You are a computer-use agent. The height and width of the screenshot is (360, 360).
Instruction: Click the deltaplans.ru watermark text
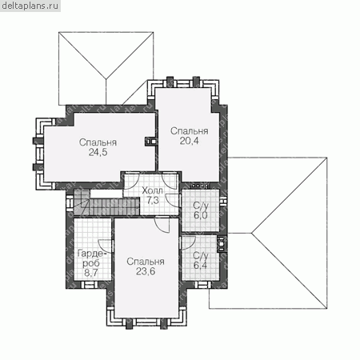(30, 6)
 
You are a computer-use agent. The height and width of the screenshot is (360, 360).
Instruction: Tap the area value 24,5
(98, 152)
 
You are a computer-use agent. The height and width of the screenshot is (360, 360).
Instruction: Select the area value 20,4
(189, 141)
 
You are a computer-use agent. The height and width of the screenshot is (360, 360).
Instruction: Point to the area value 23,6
(146, 271)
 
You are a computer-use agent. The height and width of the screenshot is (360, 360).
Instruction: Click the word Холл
(152, 190)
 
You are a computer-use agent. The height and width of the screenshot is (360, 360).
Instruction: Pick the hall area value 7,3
(153, 200)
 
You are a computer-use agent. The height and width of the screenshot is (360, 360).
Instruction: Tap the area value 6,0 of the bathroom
(201, 215)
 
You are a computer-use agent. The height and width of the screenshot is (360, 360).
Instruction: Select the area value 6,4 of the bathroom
(201, 266)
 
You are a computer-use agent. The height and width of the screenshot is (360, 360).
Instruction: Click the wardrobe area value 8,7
(91, 273)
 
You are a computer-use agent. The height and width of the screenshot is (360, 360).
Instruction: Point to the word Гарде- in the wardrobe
(92, 254)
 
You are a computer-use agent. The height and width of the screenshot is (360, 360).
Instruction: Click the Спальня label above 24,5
(98, 142)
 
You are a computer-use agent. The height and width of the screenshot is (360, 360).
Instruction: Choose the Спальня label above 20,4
(190, 131)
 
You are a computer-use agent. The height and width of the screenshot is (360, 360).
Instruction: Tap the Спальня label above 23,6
(146, 262)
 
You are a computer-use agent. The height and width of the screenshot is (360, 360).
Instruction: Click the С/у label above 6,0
(201, 206)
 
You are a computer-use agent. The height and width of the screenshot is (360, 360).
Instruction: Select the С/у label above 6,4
(201, 256)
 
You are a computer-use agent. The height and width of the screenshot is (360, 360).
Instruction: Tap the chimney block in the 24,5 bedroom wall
(150, 142)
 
